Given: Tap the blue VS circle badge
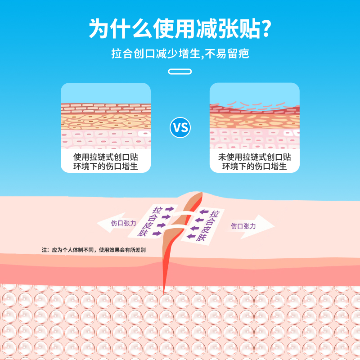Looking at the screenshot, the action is click(x=180, y=128).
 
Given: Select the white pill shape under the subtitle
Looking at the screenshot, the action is click(x=180, y=71).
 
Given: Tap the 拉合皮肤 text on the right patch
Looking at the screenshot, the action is click(x=209, y=226).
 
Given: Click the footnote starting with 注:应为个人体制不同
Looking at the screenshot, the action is click(x=94, y=250).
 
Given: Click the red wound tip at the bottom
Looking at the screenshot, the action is click(x=165, y=288).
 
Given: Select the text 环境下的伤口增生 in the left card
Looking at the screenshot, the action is click(x=106, y=166).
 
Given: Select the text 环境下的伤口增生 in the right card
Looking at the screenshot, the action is click(x=255, y=166).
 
